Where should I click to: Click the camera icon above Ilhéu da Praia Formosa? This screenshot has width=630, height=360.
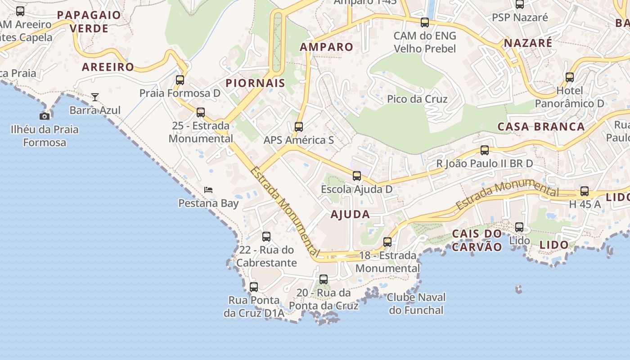coord(45,116)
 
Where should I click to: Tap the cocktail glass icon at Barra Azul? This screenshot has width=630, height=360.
coord(95,97)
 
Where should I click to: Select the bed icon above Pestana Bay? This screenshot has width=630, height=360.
coord(208,189)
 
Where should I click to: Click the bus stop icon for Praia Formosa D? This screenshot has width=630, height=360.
coord(180,80)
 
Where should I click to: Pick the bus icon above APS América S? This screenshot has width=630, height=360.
coord(299,127)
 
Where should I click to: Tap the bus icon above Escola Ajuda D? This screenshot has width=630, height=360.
coord(357,176)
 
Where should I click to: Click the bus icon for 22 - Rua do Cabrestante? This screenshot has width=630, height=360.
coord(266,237)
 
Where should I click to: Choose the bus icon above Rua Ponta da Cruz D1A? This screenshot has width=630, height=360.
coord(254,287)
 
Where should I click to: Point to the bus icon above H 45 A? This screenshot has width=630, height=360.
coord(585,191)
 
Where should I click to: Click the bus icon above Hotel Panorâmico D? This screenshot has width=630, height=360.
coord(570,77)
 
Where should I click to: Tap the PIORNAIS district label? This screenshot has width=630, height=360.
coord(255,83)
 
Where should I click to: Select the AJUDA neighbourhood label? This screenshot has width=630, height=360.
coord(350,215)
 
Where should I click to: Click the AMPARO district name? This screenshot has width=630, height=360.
coord(327,47)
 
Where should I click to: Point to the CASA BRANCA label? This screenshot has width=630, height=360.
coord(541,126)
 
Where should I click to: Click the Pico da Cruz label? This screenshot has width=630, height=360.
coord(417,99)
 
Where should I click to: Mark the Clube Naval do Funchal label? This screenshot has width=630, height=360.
coord(416,304)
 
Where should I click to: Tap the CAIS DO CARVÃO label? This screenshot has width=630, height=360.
coord(477,240)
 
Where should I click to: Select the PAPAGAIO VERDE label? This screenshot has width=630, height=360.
coord(89,22)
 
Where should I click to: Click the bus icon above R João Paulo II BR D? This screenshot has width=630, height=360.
coord(485,150)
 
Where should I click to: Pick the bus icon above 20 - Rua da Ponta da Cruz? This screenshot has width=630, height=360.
coord(324,279)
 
